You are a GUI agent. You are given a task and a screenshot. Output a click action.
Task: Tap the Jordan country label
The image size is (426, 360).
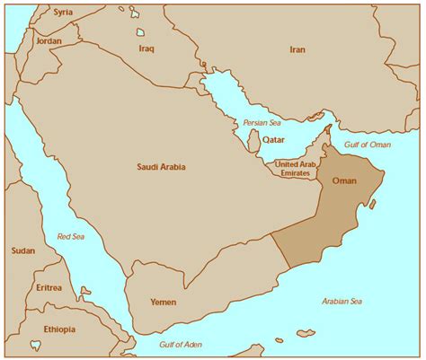point(48,41)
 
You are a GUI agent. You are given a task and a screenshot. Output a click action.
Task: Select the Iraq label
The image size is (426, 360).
point(147,48)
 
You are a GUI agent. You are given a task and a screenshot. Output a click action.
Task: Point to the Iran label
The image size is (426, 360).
point(297,50)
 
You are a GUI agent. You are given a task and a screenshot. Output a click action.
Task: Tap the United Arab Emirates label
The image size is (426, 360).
point(296,169)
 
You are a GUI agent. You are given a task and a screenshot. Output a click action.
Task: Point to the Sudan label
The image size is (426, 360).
point(23,250)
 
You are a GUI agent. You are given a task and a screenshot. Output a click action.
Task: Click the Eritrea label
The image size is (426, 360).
point(49,287)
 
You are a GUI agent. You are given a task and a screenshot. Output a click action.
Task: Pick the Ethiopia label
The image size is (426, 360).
point(58,329)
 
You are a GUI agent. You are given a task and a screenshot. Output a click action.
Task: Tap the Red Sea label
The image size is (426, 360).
point(70,237)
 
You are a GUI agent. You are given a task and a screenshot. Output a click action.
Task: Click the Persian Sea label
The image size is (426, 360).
point(262,122)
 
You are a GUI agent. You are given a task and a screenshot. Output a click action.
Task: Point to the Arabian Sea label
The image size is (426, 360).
point(342,302)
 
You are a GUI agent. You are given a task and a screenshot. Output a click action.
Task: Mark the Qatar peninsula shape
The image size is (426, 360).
point(254,140)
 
